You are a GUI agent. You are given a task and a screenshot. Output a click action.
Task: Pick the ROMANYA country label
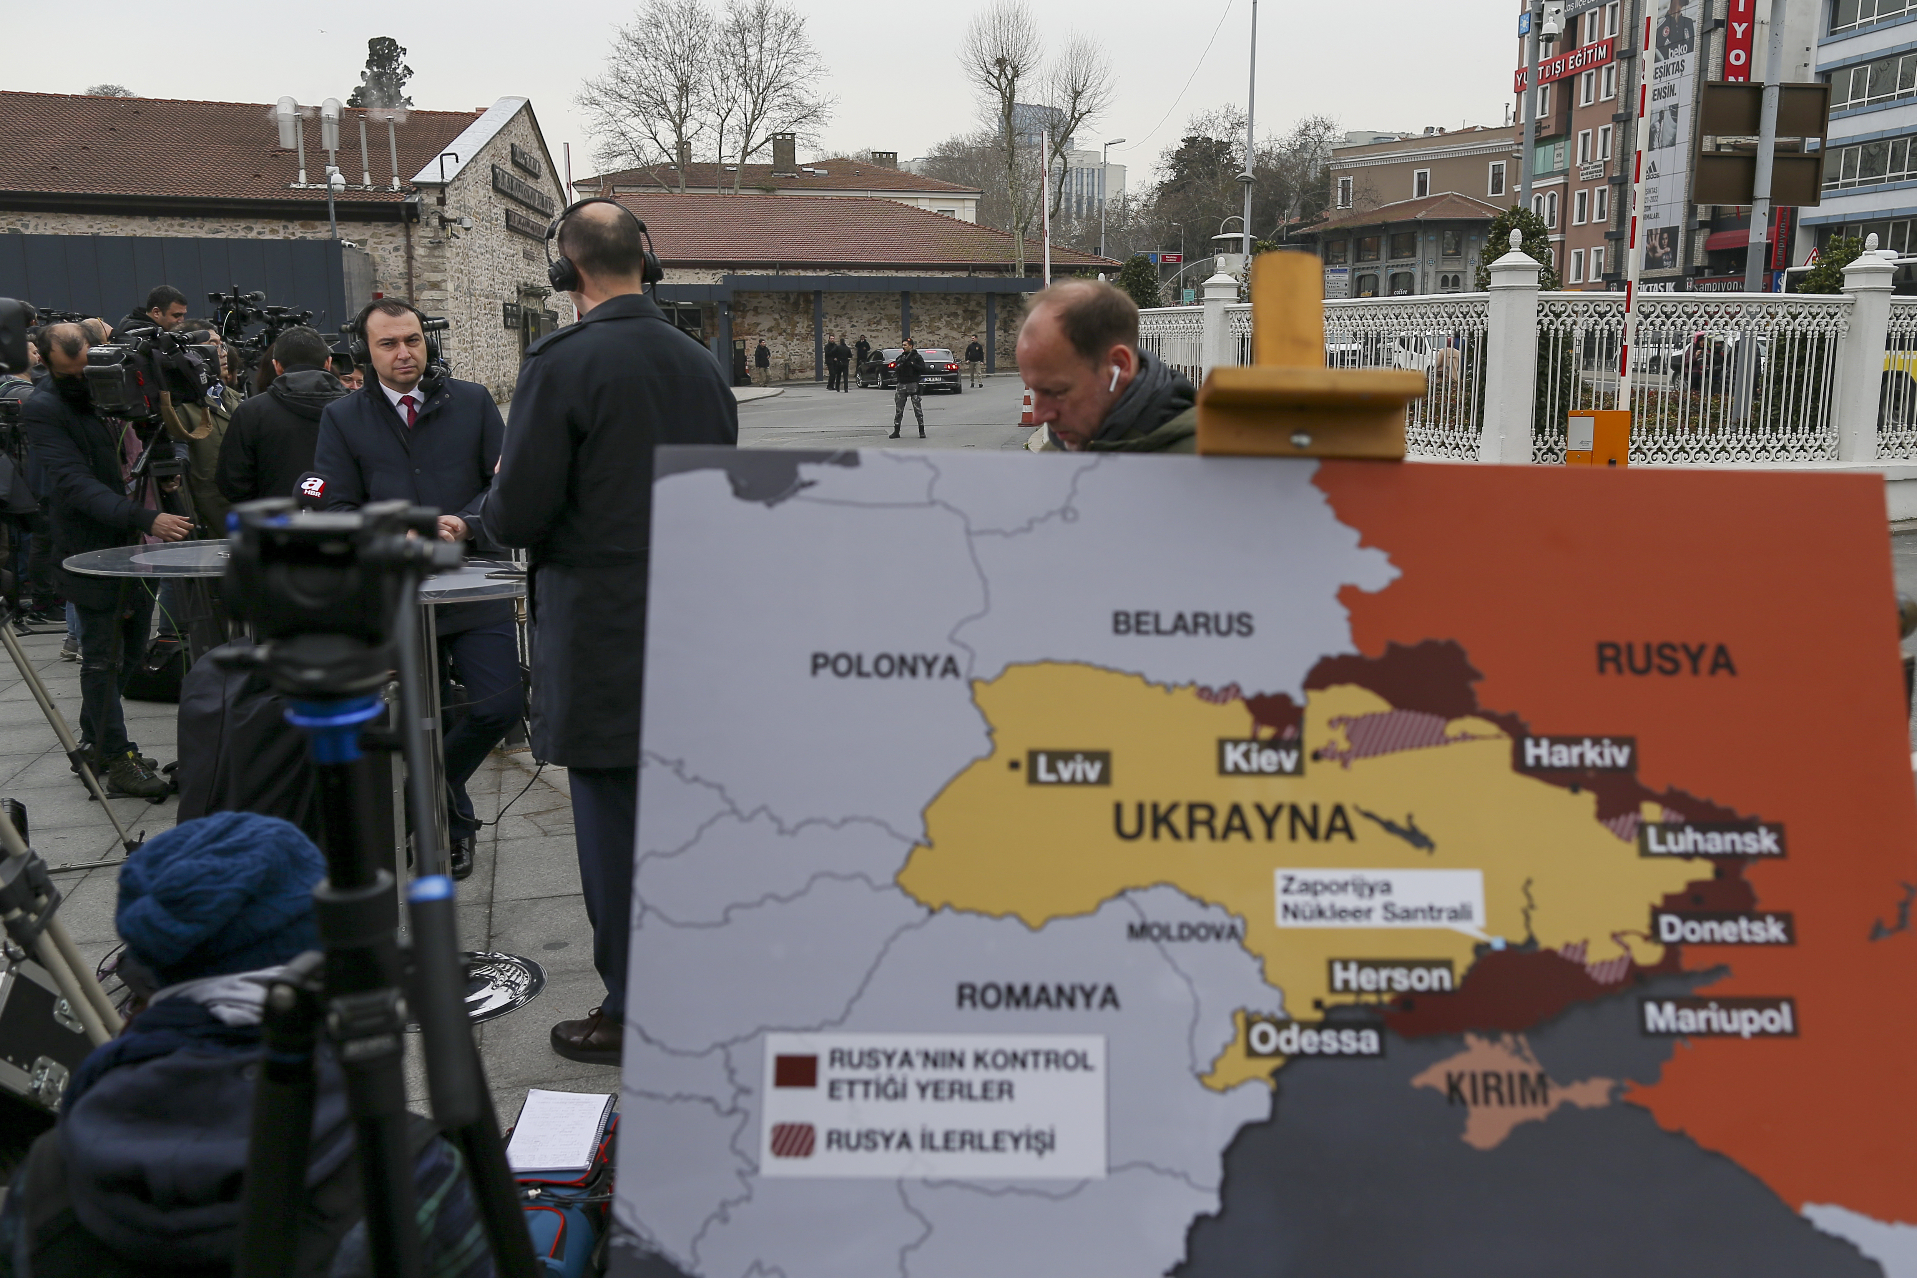coord(1038,996)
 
